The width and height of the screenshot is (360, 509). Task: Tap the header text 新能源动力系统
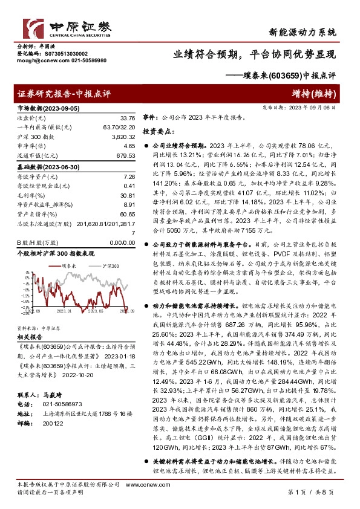coord(303,31)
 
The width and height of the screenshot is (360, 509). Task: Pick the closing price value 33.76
coord(127,118)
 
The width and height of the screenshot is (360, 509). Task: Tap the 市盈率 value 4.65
coord(128,146)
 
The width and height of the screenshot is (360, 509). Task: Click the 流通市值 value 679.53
coord(125,155)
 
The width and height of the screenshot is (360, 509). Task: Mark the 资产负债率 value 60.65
coord(127,214)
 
